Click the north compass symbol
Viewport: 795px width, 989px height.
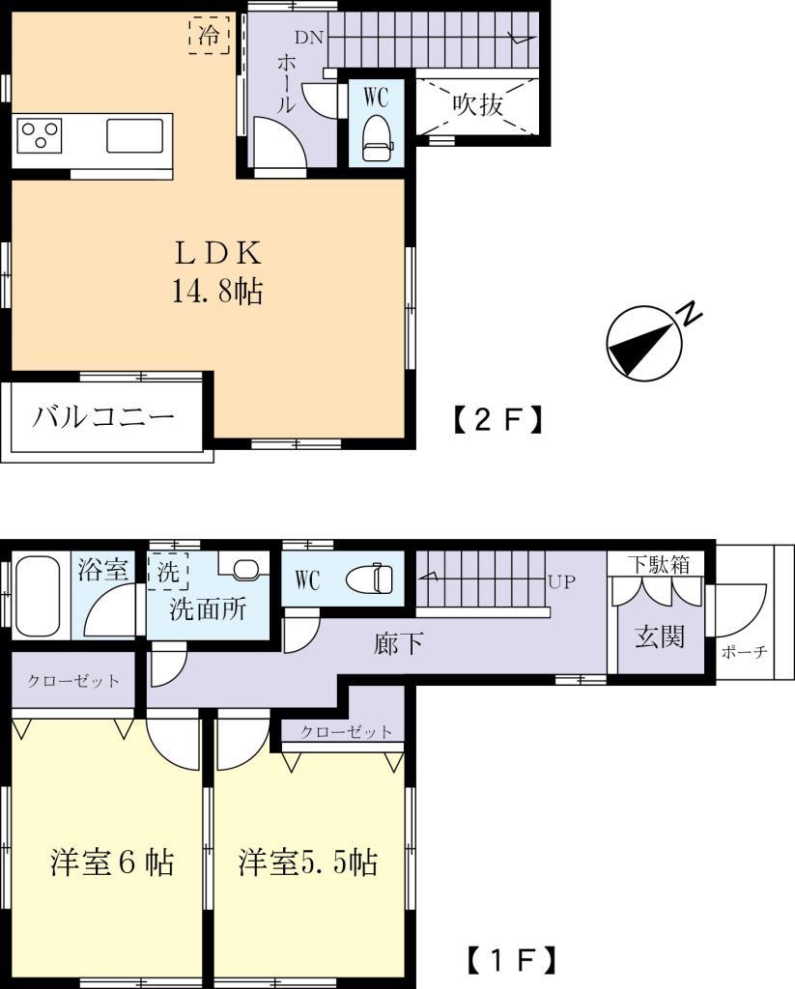point(642,344)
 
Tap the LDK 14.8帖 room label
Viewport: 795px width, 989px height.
point(218,271)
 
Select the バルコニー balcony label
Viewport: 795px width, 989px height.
point(105,417)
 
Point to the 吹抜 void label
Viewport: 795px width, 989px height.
point(478,104)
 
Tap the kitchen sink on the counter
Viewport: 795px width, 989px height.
point(133,135)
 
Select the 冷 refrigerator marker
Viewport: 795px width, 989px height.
point(209,36)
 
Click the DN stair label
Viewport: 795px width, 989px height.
point(309,39)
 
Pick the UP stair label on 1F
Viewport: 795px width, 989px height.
point(562,582)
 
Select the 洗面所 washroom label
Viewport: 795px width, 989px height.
point(208,609)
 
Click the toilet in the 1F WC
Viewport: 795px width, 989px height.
point(371,579)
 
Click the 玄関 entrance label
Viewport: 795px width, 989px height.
point(660,636)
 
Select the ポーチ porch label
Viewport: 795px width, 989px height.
point(744,652)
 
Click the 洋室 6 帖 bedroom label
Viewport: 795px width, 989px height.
point(112,862)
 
